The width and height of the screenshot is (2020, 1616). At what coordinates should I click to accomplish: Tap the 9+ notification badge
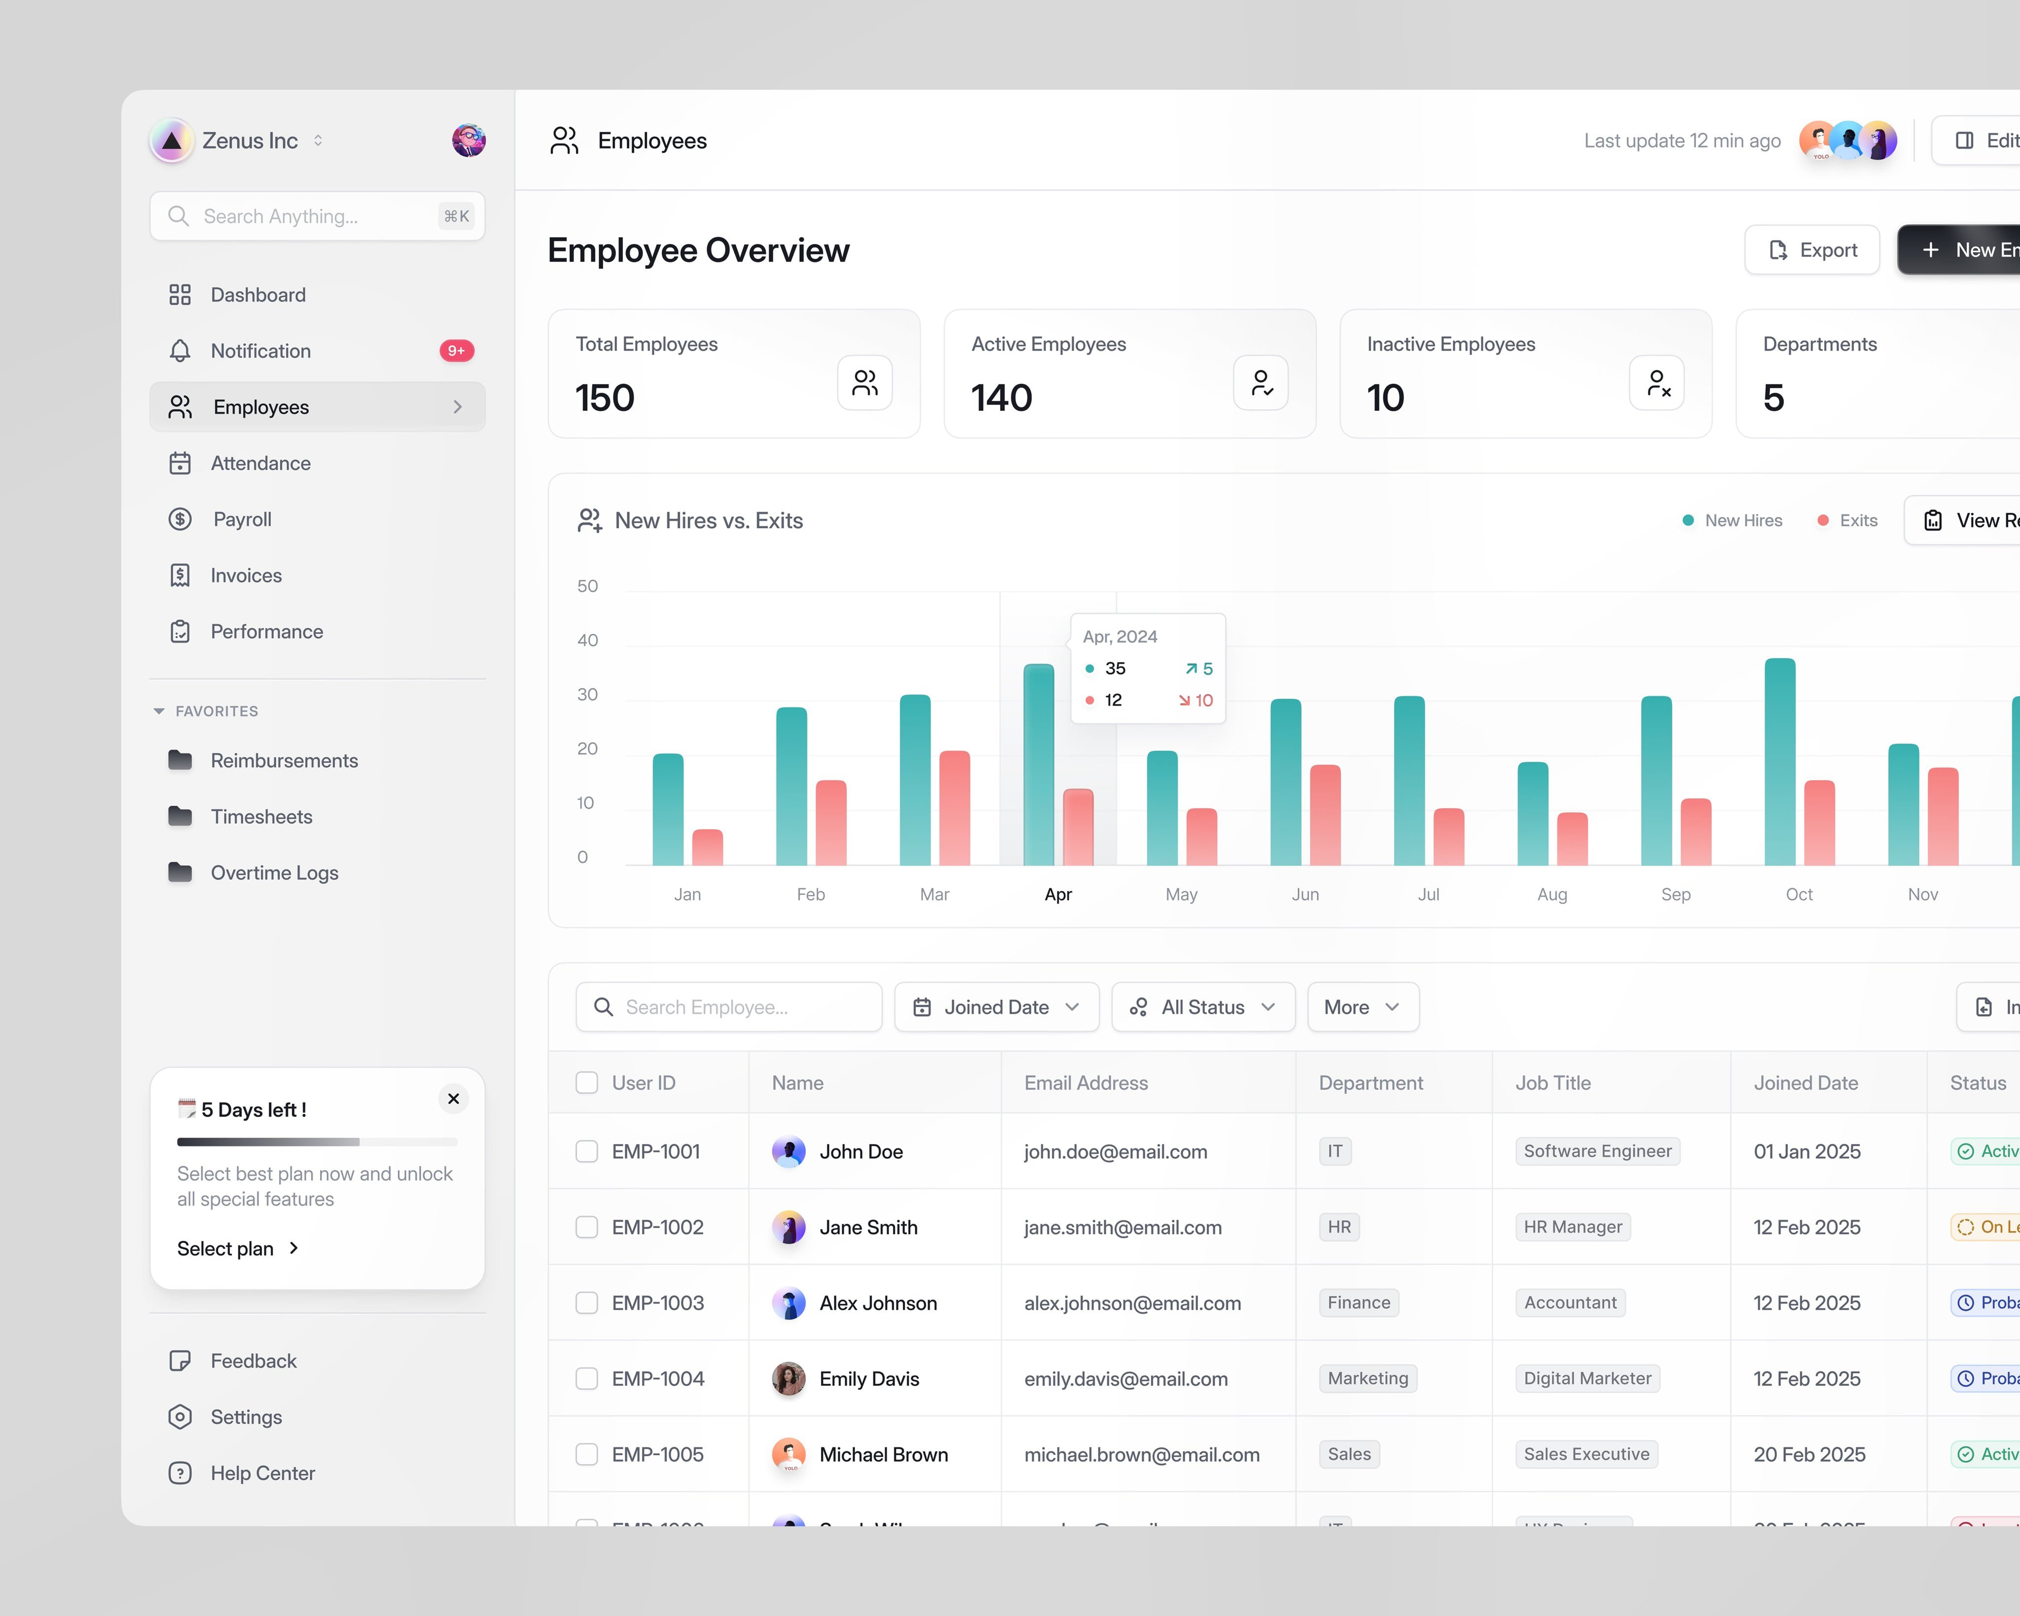coord(456,350)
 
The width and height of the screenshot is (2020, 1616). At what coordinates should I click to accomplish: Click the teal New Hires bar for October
coord(1779,761)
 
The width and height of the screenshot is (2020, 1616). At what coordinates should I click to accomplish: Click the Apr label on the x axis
coord(1058,894)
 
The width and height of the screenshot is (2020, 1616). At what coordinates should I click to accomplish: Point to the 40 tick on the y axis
coord(587,640)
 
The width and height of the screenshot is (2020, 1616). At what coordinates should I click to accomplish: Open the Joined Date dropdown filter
coord(996,1007)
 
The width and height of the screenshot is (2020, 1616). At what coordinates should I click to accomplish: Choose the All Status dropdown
coord(1203,1007)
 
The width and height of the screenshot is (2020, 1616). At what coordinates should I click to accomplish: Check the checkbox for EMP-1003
coord(586,1302)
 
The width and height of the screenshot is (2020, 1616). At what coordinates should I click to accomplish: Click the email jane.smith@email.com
coord(1122,1227)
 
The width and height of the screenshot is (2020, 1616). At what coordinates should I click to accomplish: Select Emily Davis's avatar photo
coord(788,1378)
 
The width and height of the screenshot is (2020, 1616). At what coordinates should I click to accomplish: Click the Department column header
coord(1371,1083)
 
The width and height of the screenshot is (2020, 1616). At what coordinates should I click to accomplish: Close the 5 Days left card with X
coord(454,1099)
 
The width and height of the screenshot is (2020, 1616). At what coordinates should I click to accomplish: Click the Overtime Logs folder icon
coord(180,872)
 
